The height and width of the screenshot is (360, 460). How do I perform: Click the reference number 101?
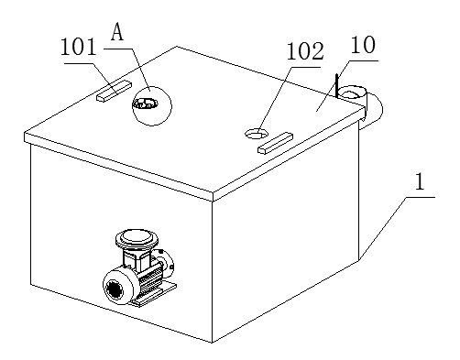tap(79, 47)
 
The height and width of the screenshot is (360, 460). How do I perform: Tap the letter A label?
tap(117, 33)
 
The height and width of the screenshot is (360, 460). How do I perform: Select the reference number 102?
tap(304, 51)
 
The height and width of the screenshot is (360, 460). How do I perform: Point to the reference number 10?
tap(363, 45)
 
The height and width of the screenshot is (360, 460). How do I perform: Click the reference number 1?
tap(421, 182)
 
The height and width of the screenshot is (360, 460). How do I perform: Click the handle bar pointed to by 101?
tap(114, 91)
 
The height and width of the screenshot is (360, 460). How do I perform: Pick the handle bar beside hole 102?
tap(275, 143)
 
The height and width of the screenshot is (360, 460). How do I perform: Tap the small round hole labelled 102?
tap(257, 133)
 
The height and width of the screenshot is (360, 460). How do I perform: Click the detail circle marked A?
tap(152, 105)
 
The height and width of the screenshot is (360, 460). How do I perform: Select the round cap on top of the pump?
tap(137, 238)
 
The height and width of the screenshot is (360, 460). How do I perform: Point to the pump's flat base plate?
tap(154, 294)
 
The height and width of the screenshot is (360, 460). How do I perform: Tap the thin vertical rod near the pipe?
tap(336, 86)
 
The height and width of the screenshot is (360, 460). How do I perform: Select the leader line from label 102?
tap(274, 100)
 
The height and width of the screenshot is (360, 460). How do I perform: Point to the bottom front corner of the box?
tap(213, 343)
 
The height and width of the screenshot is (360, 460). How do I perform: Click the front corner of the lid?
tap(213, 193)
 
